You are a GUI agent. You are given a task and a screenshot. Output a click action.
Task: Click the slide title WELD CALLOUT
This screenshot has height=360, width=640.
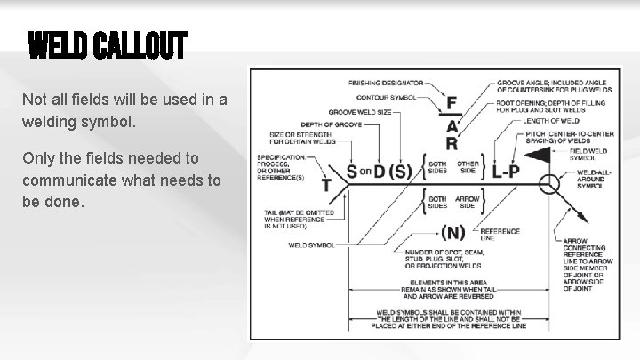coord(107,44)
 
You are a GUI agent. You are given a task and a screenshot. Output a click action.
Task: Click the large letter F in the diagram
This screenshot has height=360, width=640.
coord(452,104)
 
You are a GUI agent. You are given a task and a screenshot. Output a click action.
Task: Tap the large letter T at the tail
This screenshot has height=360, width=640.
coord(326,185)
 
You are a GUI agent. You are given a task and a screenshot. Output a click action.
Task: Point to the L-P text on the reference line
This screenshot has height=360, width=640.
coord(506,171)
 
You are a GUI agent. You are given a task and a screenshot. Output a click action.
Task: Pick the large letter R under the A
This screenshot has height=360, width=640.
coord(452,143)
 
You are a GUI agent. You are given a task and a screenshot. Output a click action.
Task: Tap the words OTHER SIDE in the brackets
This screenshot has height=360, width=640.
coord(467,169)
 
